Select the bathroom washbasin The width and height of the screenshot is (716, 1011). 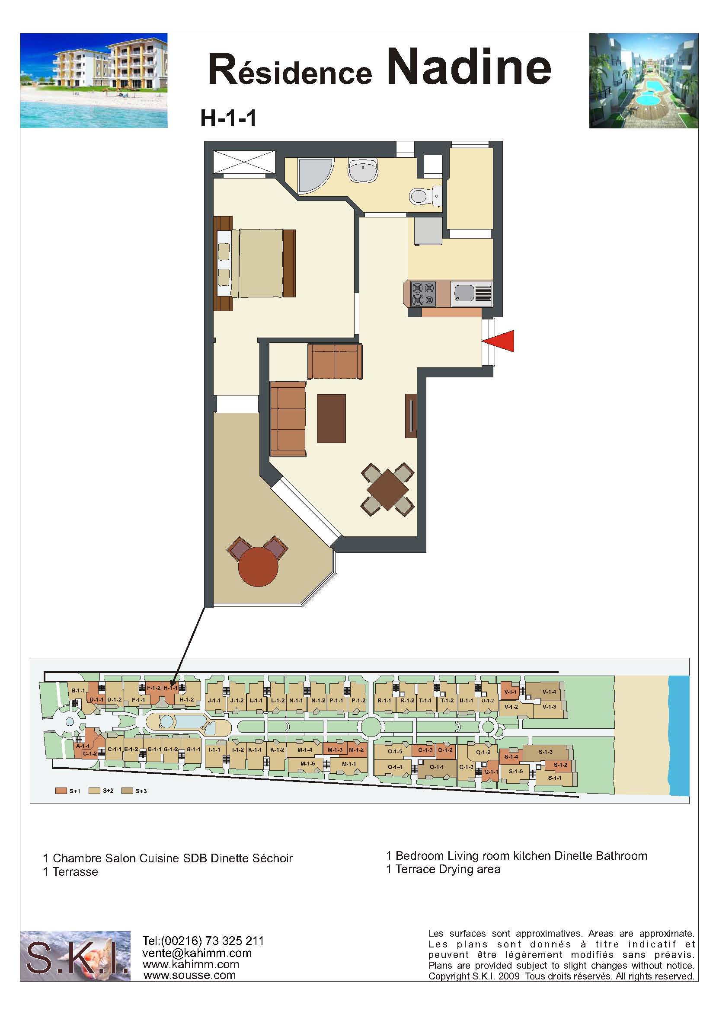click(363, 171)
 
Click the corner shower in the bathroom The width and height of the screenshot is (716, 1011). click(314, 175)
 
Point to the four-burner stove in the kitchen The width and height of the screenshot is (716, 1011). click(423, 294)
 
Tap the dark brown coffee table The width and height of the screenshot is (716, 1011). click(332, 418)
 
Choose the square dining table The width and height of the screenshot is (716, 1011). click(387, 490)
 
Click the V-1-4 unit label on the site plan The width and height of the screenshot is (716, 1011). click(549, 692)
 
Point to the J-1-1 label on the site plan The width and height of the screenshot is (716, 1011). click(214, 700)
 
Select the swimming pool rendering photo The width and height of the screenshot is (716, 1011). click(644, 81)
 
